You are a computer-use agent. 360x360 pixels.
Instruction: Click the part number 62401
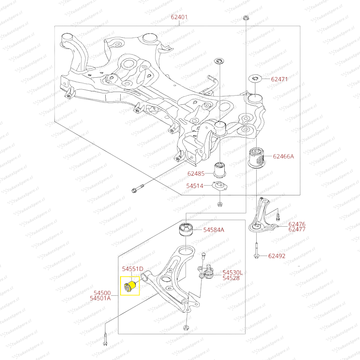point(179,17)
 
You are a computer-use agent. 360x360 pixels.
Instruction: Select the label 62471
point(279,79)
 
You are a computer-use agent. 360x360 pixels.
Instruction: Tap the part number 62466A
point(283,156)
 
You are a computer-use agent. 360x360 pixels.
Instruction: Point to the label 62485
point(196,174)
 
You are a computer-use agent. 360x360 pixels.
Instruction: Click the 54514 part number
point(195,186)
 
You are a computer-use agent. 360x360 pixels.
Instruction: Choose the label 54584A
point(214,230)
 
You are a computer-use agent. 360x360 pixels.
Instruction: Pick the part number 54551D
point(132,269)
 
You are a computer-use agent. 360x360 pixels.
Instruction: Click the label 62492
point(277,256)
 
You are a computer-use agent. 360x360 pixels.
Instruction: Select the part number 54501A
point(100,298)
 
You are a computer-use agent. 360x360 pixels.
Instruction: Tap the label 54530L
point(233,273)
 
